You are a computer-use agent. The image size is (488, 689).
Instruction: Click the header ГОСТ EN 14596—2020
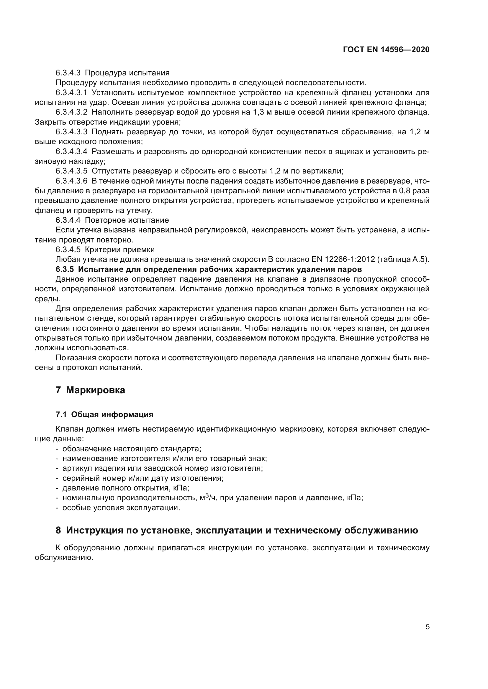pyautogui.click(x=386, y=49)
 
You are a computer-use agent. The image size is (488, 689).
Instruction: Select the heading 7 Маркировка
pyautogui.click(x=90, y=390)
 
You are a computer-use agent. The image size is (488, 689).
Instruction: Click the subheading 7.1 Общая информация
pyautogui.click(x=104, y=414)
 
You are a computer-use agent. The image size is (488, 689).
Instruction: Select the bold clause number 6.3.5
pyautogui.click(x=64, y=269)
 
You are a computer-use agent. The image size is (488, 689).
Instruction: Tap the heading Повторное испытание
pyautogui.click(x=127, y=220)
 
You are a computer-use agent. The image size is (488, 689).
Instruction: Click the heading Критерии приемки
pyautogui.click(x=120, y=250)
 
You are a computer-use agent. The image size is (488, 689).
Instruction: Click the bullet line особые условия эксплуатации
pyautogui.click(x=121, y=508)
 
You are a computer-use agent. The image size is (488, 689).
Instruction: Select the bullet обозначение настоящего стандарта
pyautogui.click(x=132, y=449)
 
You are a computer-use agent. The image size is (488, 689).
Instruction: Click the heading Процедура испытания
pyautogui.click(x=127, y=73)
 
